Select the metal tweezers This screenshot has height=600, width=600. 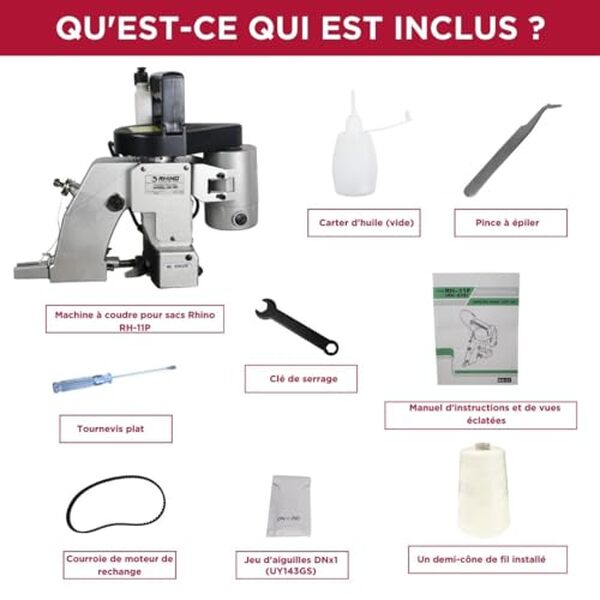[x=510, y=150]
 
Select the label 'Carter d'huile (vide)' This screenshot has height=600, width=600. [x=363, y=223]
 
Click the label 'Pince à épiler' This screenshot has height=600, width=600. [x=510, y=223]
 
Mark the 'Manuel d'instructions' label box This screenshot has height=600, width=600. [x=480, y=414]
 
